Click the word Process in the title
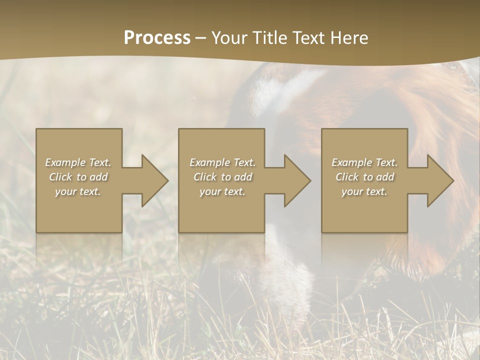tap(157, 38)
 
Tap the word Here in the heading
tap(348, 38)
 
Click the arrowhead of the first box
tap(153, 180)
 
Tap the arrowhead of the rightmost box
tap(439, 180)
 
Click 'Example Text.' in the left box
tap(78, 162)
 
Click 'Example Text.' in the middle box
tap(222, 162)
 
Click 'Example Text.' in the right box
tap(364, 162)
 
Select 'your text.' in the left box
tap(78, 191)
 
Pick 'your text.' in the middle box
tap(222, 191)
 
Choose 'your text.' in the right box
tap(364, 191)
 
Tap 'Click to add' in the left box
tap(78, 177)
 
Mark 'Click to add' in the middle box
tap(222, 177)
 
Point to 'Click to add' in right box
tap(364, 177)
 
